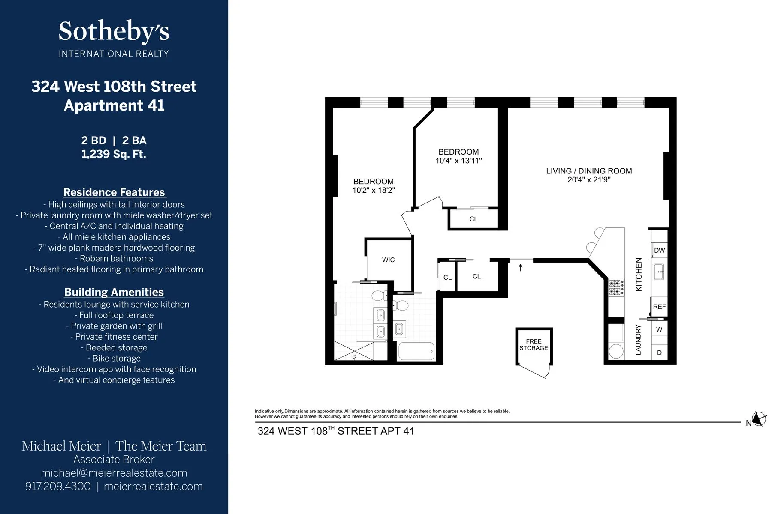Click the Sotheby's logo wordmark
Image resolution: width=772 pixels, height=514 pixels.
[114, 32]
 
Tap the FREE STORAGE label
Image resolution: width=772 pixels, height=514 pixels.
[534, 344]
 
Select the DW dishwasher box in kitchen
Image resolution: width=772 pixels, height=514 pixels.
[659, 251]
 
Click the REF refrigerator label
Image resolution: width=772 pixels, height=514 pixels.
[659, 307]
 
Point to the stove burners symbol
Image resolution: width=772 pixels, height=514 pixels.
[616, 287]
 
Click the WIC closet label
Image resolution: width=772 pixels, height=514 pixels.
[388, 260]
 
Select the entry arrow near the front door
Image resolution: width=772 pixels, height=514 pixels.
[521, 268]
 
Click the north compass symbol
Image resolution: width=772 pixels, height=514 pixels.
[759, 419]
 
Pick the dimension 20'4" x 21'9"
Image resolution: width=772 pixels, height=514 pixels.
[589, 180]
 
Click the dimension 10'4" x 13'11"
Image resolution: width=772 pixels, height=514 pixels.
[458, 161]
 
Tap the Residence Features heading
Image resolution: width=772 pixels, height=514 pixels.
[114, 192]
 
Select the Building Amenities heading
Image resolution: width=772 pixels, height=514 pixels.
[114, 292]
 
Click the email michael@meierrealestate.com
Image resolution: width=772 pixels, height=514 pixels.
[114, 473]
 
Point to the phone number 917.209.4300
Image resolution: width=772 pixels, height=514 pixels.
[58, 487]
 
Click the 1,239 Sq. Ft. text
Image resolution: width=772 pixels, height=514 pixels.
[114, 154]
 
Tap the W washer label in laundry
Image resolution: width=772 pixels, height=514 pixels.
[659, 329]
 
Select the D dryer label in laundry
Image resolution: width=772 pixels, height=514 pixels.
[659, 353]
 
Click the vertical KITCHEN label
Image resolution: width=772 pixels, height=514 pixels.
[639, 275]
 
